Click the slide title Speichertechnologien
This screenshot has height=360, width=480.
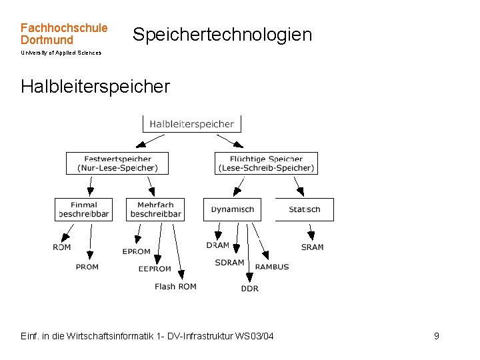tap(222, 35)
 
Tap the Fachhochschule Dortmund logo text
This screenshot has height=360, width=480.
tap(63, 34)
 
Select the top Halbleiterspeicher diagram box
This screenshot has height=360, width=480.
tap(192, 124)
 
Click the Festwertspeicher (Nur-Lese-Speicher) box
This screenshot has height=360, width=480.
tap(117, 163)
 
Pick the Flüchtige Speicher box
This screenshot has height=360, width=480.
tap(266, 163)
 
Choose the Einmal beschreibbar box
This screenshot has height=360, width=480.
tap(83, 209)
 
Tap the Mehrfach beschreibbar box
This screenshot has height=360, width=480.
tap(155, 209)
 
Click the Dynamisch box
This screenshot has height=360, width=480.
tap(233, 209)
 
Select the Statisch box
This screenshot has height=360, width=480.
tap(305, 209)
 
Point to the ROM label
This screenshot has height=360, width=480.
tap(62, 247)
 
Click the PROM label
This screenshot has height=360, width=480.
tap(87, 267)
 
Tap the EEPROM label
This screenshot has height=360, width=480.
tap(155, 269)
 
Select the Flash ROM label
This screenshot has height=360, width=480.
tap(175, 287)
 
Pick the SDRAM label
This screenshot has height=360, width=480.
tap(229, 263)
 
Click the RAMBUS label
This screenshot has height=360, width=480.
tap(272, 267)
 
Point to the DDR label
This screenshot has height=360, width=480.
tap(250, 289)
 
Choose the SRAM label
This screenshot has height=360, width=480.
tap(312, 247)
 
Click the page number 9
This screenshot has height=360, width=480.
tap(437, 336)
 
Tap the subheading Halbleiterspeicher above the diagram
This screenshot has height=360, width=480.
tap(95, 87)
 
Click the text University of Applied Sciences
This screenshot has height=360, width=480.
tap(61, 53)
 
